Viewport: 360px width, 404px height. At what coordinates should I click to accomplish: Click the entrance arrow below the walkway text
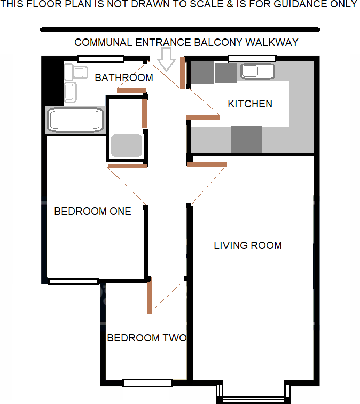[x=168, y=58]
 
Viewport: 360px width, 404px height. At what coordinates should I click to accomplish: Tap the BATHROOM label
[x=124, y=78]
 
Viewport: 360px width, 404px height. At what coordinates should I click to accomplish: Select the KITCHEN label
[x=250, y=104]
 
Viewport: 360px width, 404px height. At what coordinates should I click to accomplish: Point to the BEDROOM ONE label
[x=92, y=211]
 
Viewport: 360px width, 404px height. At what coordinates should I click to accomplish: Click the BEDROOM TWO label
[x=146, y=338]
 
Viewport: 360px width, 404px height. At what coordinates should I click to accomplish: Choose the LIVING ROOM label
[x=248, y=246]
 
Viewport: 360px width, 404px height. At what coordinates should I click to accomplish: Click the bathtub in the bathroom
[x=75, y=120]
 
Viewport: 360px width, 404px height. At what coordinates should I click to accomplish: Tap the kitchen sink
[x=257, y=71]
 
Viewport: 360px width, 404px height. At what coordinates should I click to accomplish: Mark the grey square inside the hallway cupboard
[x=127, y=145]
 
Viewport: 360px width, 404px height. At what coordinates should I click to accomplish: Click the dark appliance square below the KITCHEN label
[x=246, y=139]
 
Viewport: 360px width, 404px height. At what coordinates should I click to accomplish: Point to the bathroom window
[x=100, y=58]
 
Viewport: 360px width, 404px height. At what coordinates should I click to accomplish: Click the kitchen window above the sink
[x=252, y=58]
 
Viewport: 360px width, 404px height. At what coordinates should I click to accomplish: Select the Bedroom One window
[x=73, y=281]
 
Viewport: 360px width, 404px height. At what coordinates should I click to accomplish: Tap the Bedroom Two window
[x=147, y=383]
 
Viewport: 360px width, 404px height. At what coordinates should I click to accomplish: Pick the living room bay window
[x=254, y=399]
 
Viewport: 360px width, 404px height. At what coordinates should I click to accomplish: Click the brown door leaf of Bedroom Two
[x=150, y=296]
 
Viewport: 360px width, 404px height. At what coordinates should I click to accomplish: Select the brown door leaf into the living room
[x=207, y=164]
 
